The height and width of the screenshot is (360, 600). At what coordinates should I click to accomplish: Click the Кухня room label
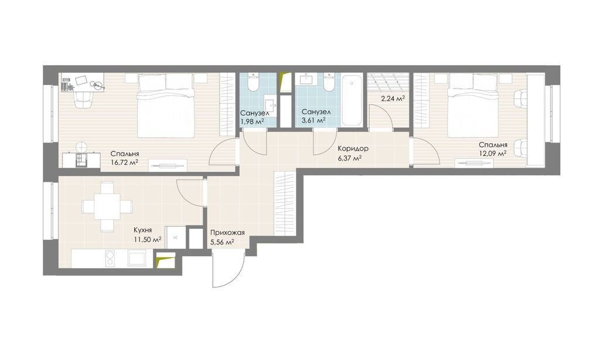pyautogui.click(x=143, y=230)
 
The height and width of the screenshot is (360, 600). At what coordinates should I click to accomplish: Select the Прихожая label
pyautogui.click(x=227, y=232)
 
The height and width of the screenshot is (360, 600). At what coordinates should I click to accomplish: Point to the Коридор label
pyautogui.click(x=353, y=148)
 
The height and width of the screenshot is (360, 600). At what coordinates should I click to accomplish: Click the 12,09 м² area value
pyautogui.click(x=493, y=153)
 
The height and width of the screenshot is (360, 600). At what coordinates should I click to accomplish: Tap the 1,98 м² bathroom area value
pyautogui.click(x=252, y=122)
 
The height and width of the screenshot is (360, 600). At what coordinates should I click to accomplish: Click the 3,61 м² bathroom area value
pyautogui.click(x=313, y=120)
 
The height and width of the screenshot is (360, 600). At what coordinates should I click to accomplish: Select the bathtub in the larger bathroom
pyautogui.click(x=352, y=100)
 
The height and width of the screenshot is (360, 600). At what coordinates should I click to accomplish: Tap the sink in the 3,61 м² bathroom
pyautogui.click(x=306, y=79)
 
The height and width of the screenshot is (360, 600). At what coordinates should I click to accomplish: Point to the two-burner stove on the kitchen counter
pyautogui.click(x=110, y=258)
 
